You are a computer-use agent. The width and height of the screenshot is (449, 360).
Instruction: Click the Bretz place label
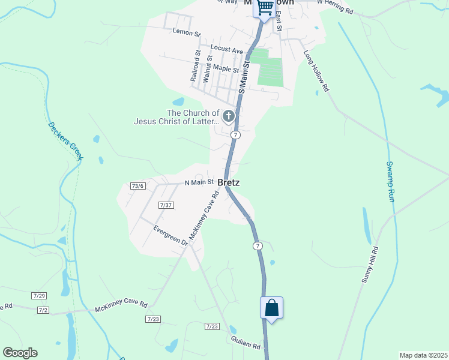[229, 182]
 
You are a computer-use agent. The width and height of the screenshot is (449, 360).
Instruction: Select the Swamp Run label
[390, 181]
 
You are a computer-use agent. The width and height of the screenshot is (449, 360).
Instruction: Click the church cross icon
[228, 115]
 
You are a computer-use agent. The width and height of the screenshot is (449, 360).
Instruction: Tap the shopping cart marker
[265, 8]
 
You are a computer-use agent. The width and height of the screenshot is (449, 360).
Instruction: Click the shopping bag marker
[272, 308]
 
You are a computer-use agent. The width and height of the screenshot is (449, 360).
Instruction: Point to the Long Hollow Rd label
[317, 70]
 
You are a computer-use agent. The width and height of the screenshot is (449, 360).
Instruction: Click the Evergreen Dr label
[171, 235]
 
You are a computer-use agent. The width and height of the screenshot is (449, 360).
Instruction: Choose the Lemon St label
[184, 31]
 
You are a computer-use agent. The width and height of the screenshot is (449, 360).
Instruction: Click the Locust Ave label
[226, 49]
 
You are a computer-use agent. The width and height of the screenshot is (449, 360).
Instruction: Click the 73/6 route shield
[138, 186]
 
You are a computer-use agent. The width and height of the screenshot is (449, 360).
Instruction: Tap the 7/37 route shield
[166, 205]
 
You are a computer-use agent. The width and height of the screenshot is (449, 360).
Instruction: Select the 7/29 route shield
[40, 296]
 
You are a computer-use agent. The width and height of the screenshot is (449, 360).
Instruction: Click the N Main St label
[199, 182]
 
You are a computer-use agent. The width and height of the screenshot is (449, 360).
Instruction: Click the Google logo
[20, 353]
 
